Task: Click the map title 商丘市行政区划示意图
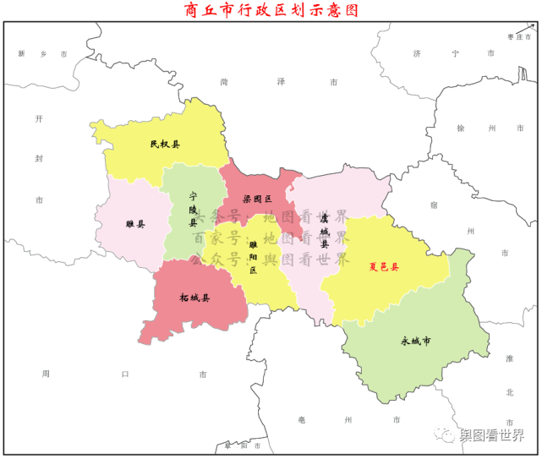point(271,10)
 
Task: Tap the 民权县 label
point(165,145)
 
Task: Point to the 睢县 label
point(134,225)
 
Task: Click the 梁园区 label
point(257,199)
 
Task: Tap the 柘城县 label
point(194,298)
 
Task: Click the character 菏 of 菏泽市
point(224,82)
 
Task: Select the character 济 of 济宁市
point(417,53)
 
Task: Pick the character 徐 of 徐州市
point(461,128)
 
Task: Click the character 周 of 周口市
point(45,373)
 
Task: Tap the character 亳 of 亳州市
point(302,420)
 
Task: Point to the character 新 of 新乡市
point(21,53)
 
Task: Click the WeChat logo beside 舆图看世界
point(445,435)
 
